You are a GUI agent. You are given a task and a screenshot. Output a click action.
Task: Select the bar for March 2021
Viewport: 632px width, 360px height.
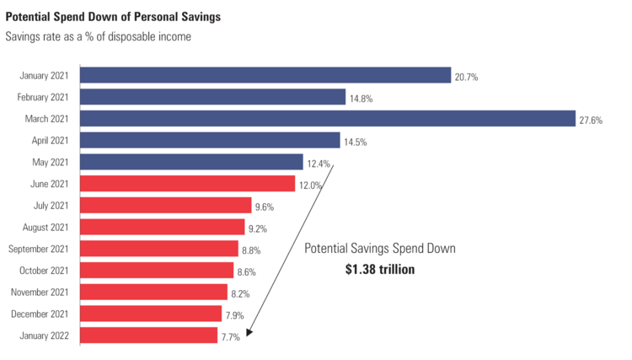[327, 119]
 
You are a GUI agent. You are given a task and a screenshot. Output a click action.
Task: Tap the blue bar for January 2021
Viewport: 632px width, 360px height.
[265, 75]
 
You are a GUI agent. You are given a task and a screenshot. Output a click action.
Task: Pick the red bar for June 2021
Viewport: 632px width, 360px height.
[187, 184]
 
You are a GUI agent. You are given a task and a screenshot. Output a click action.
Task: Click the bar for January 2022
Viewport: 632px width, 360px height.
[148, 336]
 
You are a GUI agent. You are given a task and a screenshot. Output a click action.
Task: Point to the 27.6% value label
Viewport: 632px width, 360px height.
[591, 120]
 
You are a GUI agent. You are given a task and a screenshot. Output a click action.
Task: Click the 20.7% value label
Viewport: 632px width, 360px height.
[467, 77]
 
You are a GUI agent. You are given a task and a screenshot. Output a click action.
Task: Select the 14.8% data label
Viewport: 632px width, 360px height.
[361, 99]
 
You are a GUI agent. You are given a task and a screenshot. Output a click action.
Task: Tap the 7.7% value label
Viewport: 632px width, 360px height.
[231, 336]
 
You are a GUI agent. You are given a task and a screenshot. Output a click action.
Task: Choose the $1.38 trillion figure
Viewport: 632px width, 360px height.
[380, 270]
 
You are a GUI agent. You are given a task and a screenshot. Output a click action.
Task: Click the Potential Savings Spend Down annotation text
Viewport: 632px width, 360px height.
[379, 250]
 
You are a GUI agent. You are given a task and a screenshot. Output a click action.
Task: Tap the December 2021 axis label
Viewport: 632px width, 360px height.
[45, 314]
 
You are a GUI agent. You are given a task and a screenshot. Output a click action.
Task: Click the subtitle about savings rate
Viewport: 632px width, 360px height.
[98, 36]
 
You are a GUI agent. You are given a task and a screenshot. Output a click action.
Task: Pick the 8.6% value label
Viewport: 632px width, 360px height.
[247, 271]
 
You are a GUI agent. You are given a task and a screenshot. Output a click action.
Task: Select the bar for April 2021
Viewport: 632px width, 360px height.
[210, 140]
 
